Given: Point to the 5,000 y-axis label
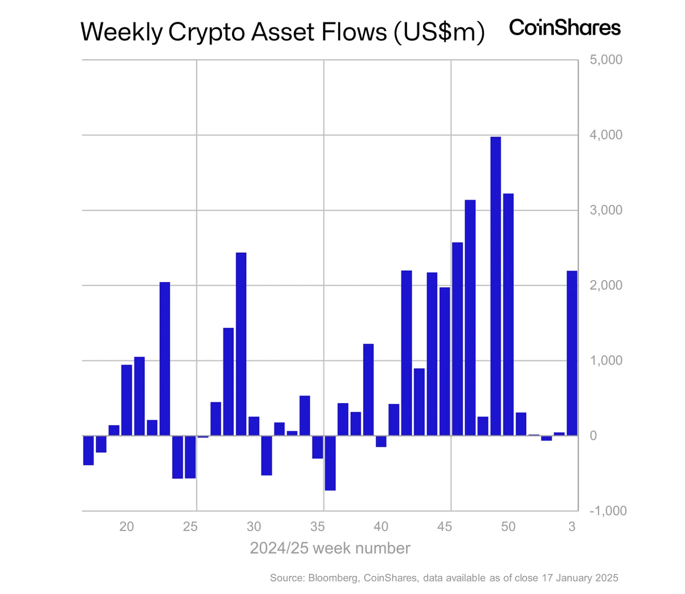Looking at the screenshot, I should tap(606, 60).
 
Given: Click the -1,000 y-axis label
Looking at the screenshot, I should tap(608, 511).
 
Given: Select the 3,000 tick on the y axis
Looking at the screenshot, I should tap(606, 210).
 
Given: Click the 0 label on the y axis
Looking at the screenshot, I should tap(593, 436).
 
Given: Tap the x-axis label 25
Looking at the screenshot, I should tap(190, 527).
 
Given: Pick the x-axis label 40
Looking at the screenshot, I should tap(381, 527).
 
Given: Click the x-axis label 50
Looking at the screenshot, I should tap(508, 527).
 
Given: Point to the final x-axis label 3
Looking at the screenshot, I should tap(572, 527).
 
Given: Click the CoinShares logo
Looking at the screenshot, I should tap(564, 28).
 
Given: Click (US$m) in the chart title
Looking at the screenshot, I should tap(439, 32).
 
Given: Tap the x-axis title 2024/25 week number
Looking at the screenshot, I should tap(330, 548).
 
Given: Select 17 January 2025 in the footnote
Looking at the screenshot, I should tap(580, 578).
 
